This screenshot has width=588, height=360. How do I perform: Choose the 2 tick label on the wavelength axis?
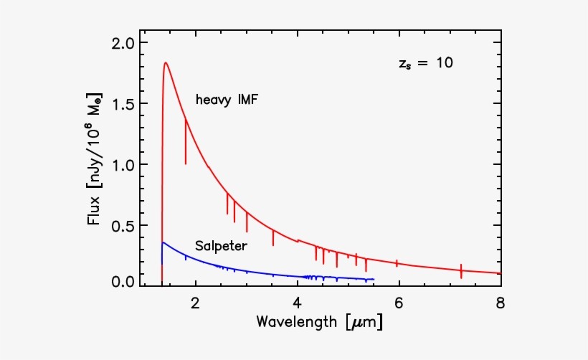[195, 303]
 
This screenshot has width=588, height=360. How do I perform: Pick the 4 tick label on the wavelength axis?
[297, 303]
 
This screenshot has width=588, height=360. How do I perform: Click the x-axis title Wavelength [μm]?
[319, 323]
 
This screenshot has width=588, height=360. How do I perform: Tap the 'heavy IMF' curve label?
[227, 100]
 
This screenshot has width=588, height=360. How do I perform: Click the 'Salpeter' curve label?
[221, 246]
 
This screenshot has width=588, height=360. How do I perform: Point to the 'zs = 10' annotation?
[425, 63]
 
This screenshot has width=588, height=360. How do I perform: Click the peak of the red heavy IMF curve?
[166, 62]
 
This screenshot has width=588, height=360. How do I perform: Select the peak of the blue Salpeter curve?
[163, 242]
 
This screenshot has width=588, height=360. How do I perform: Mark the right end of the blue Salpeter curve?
[374, 279]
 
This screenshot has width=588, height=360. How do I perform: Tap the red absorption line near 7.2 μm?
[461, 271]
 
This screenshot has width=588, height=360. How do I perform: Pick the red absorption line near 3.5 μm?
[273, 237]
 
